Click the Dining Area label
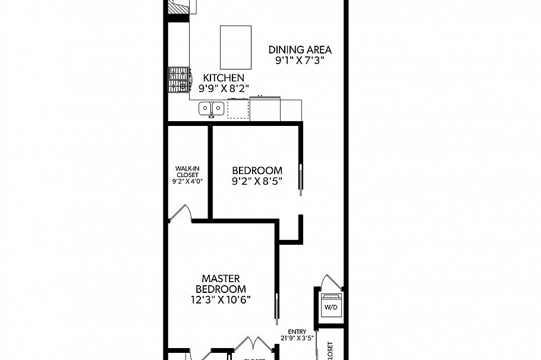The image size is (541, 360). click(300, 50)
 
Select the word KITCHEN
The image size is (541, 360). click(224, 78)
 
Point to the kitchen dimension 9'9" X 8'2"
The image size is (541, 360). click(224, 89)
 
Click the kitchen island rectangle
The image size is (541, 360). click(233, 47)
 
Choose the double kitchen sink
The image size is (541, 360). click(211, 108)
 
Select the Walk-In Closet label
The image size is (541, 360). click(187, 175)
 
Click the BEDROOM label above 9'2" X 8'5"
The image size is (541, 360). click(257, 170)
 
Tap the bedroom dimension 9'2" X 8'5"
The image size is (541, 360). click(257, 182)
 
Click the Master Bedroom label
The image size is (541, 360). click(221, 283)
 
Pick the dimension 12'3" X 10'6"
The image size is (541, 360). click(221, 300)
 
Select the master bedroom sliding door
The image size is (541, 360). click(276, 309)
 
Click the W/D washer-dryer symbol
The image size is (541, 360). click(329, 307)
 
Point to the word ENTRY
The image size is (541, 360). click(297, 331)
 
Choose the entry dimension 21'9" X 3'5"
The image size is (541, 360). click(297, 339)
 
